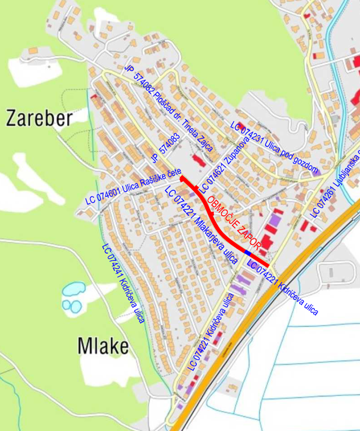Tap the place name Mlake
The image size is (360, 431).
[x=103, y=345]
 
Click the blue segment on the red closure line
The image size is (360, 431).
[x=247, y=252]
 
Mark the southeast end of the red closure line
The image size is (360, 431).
[x=267, y=265]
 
